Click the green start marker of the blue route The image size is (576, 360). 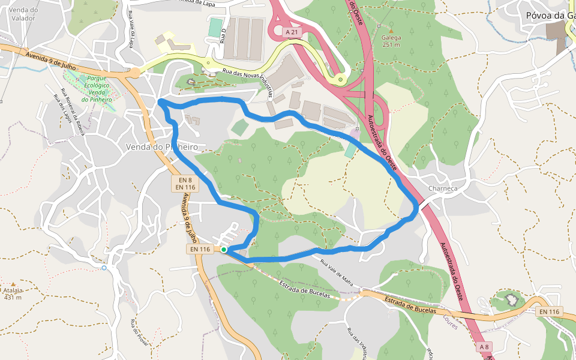point(224,250)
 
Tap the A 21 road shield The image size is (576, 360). point(292,31)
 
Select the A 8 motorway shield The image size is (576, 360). point(484,347)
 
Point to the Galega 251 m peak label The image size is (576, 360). point(391,40)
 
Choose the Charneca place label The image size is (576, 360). point(443,188)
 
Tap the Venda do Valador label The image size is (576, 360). point(23,14)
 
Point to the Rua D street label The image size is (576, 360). point(223,38)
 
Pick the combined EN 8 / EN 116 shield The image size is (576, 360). point(184,184)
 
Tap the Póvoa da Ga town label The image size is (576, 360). point(548,15)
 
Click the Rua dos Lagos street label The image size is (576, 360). point(62,108)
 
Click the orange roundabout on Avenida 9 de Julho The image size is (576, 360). point(135,73)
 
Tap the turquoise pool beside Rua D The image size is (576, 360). point(214,28)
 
